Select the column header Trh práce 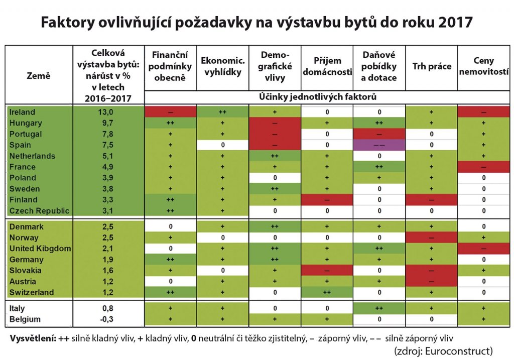[x=431, y=66]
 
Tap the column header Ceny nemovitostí [x=483, y=66]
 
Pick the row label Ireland [x=23, y=112]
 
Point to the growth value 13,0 [x=108, y=112]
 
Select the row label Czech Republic [x=39, y=210]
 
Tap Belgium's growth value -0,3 [x=108, y=319]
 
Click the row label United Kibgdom [x=40, y=249]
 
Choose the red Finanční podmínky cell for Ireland [x=170, y=112]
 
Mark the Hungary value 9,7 [x=108, y=123]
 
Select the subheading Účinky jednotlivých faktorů [x=325, y=96]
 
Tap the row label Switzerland [x=31, y=292]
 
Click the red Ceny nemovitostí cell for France [x=483, y=167]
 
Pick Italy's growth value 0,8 [x=108, y=308]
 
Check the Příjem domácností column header [x=327, y=66]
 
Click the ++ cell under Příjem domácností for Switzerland [x=327, y=292]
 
